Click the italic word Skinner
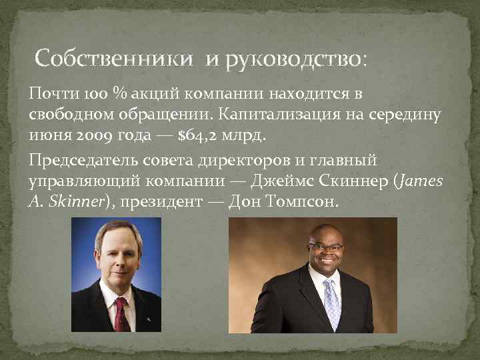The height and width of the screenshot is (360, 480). click(75, 201)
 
